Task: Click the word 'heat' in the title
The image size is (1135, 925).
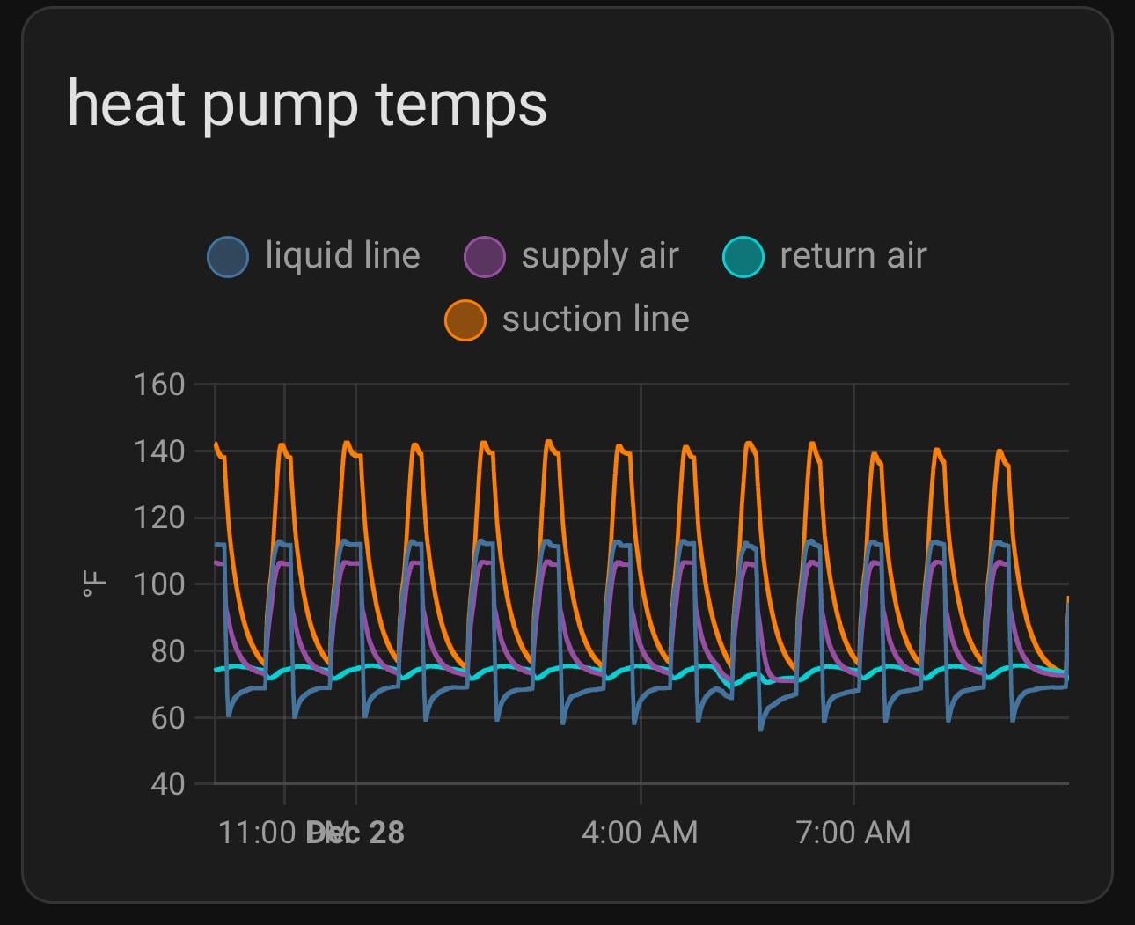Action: (126, 104)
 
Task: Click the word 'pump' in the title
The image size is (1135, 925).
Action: (280, 106)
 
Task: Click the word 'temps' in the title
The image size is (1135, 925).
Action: (461, 106)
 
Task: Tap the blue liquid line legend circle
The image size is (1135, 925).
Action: (228, 257)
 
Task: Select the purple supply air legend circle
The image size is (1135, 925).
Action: (484, 257)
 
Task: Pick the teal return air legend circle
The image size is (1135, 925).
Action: (743, 257)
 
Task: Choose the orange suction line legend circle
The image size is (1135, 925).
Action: (465, 319)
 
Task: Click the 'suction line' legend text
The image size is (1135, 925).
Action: (596, 319)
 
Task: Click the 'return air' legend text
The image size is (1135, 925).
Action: (853, 256)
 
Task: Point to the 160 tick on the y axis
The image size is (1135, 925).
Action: (158, 385)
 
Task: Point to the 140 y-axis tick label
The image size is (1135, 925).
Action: (158, 451)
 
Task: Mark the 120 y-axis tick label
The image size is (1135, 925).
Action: (158, 518)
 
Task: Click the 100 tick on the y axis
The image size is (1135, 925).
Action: (158, 584)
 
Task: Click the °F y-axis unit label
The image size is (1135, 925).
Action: (94, 584)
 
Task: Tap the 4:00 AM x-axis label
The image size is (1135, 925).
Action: (640, 833)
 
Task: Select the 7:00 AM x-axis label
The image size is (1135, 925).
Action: (853, 833)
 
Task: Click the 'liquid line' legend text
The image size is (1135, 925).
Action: (342, 256)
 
